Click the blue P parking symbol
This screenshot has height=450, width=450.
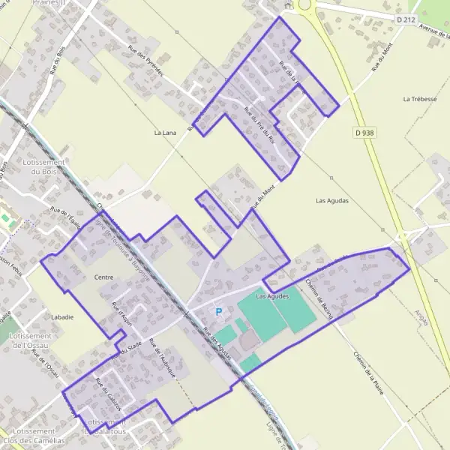click(219, 312)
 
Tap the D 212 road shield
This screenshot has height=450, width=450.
click(406, 19)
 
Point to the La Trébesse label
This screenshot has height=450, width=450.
click(419, 99)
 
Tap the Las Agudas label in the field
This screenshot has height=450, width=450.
click(332, 201)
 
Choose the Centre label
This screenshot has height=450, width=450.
click(104, 277)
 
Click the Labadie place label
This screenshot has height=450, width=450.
click(62, 317)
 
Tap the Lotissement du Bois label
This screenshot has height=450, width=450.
click(44, 166)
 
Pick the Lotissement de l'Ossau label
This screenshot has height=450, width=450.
click(29, 341)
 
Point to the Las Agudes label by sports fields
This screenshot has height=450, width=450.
click(271, 296)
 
